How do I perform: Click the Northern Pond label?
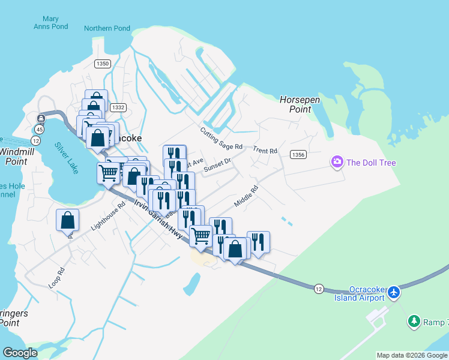click(107, 28)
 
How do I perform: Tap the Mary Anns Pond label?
click(51, 22)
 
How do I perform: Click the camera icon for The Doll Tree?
click(337, 162)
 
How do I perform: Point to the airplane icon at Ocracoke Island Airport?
click(394, 292)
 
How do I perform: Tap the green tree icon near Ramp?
click(414, 322)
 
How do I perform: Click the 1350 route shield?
click(103, 63)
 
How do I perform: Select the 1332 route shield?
click(118, 107)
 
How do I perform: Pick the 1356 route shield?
click(298, 155)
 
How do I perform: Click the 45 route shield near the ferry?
click(40, 128)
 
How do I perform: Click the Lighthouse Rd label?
click(108, 216)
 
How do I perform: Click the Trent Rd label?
click(265, 150)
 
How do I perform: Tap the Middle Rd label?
click(246, 196)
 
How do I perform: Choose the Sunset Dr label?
click(217, 165)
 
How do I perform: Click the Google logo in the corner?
click(20, 353)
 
